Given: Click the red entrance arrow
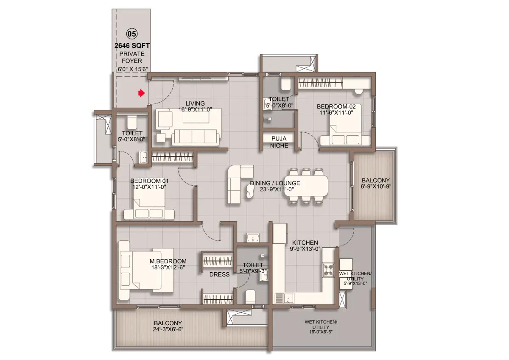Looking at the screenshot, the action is tap(142, 93).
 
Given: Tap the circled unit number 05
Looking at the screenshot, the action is tap(132, 34).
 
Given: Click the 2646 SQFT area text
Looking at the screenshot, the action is tap(132, 46).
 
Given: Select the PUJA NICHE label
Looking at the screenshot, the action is tap(279, 142).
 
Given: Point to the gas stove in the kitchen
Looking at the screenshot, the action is tap(328, 270).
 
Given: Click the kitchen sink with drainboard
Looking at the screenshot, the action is tap(285, 298).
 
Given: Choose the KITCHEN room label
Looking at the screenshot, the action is tap(305, 243).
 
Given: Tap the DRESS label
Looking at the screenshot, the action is tap(219, 274).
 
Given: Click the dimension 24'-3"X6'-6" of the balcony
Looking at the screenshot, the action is tap(168, 329).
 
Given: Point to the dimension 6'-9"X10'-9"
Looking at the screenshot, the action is tap(376, 187).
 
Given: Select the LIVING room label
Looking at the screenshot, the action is tap(195, 103).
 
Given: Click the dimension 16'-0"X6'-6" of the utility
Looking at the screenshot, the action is tap(321, 332).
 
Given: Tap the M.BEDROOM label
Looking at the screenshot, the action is tap(168, 261).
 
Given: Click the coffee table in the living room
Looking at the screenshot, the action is tap(196, 117).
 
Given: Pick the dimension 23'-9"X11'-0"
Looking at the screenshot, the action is tap(277, 189).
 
